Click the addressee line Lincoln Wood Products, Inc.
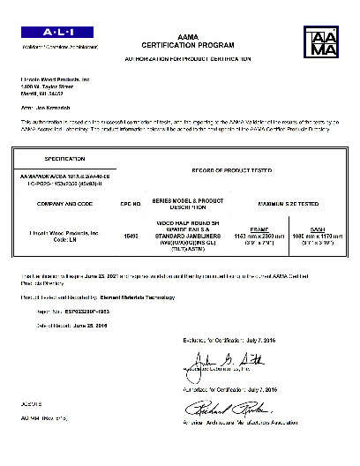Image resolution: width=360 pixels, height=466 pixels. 56,79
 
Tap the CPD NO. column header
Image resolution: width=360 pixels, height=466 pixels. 131,203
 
